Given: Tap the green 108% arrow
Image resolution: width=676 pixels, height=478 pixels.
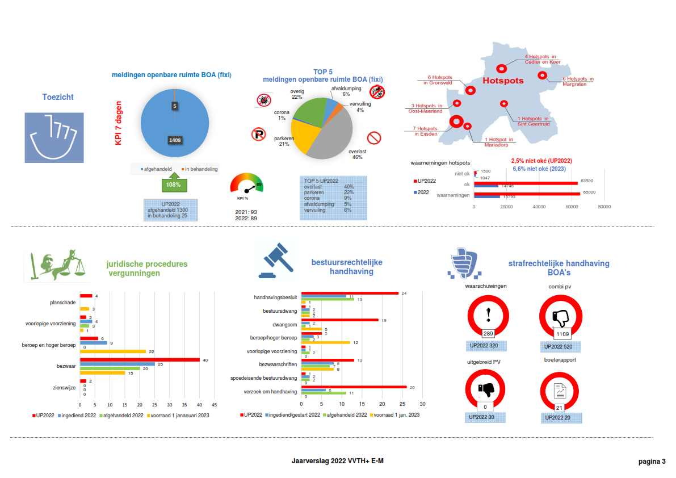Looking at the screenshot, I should tap(173, 184).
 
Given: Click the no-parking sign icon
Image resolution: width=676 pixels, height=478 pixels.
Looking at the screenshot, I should tap(258, 135).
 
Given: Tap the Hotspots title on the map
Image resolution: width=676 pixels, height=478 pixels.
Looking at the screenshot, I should tap(503, 81).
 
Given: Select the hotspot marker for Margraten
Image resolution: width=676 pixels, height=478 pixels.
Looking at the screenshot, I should tap(542, 75).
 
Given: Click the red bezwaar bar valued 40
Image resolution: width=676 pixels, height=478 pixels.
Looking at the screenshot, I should tap(140, 359).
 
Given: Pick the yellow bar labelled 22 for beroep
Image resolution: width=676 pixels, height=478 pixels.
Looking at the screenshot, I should tap(113, 352).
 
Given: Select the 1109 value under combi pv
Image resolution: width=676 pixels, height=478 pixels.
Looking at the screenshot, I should tap(562, 334).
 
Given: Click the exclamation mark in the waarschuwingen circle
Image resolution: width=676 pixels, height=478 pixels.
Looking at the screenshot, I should tap(488, 314).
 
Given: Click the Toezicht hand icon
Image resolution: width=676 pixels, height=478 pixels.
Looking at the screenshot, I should tap(54, 140).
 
